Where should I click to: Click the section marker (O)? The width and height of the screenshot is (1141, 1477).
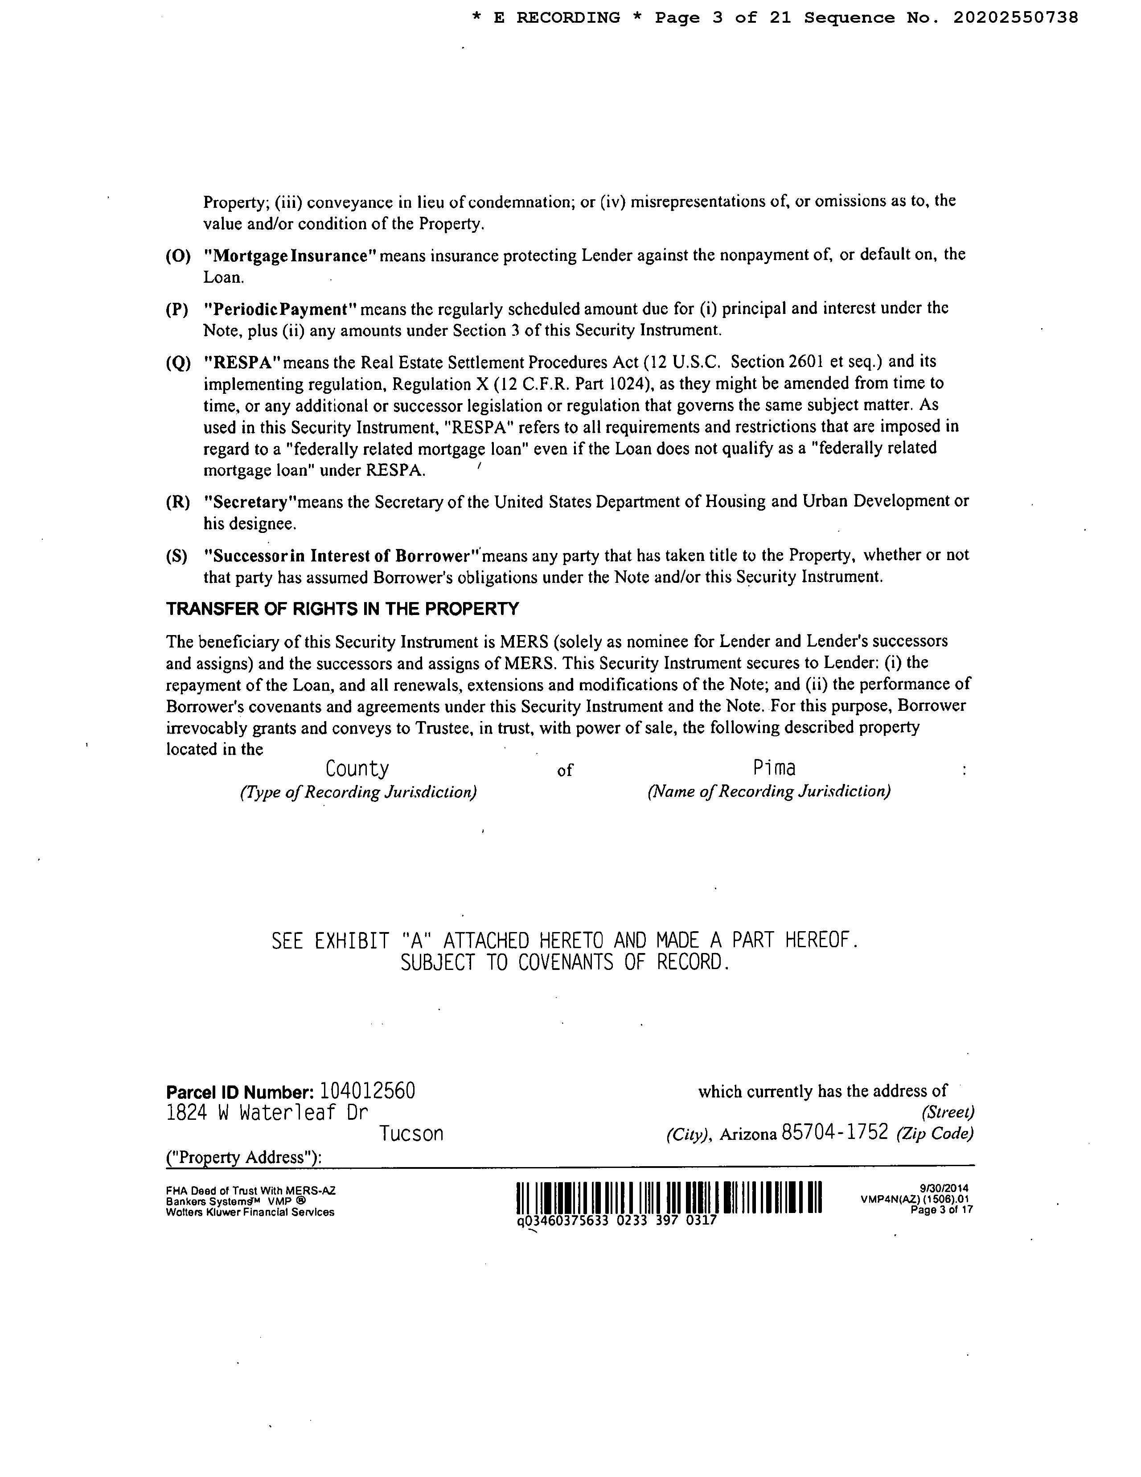(178, 256)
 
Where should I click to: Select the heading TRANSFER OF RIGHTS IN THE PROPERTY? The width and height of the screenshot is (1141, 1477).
(343, 609)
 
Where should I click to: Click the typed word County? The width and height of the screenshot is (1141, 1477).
(357, 769)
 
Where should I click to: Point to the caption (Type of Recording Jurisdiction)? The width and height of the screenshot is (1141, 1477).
(357, 792)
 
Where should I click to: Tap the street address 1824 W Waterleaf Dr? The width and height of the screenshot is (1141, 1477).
(267, 1113)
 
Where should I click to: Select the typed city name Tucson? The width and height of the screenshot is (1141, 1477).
(411, 1134)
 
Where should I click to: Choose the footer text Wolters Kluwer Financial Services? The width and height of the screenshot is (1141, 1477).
(250, 1213)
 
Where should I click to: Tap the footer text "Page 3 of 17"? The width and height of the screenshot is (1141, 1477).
(942, 1210)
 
